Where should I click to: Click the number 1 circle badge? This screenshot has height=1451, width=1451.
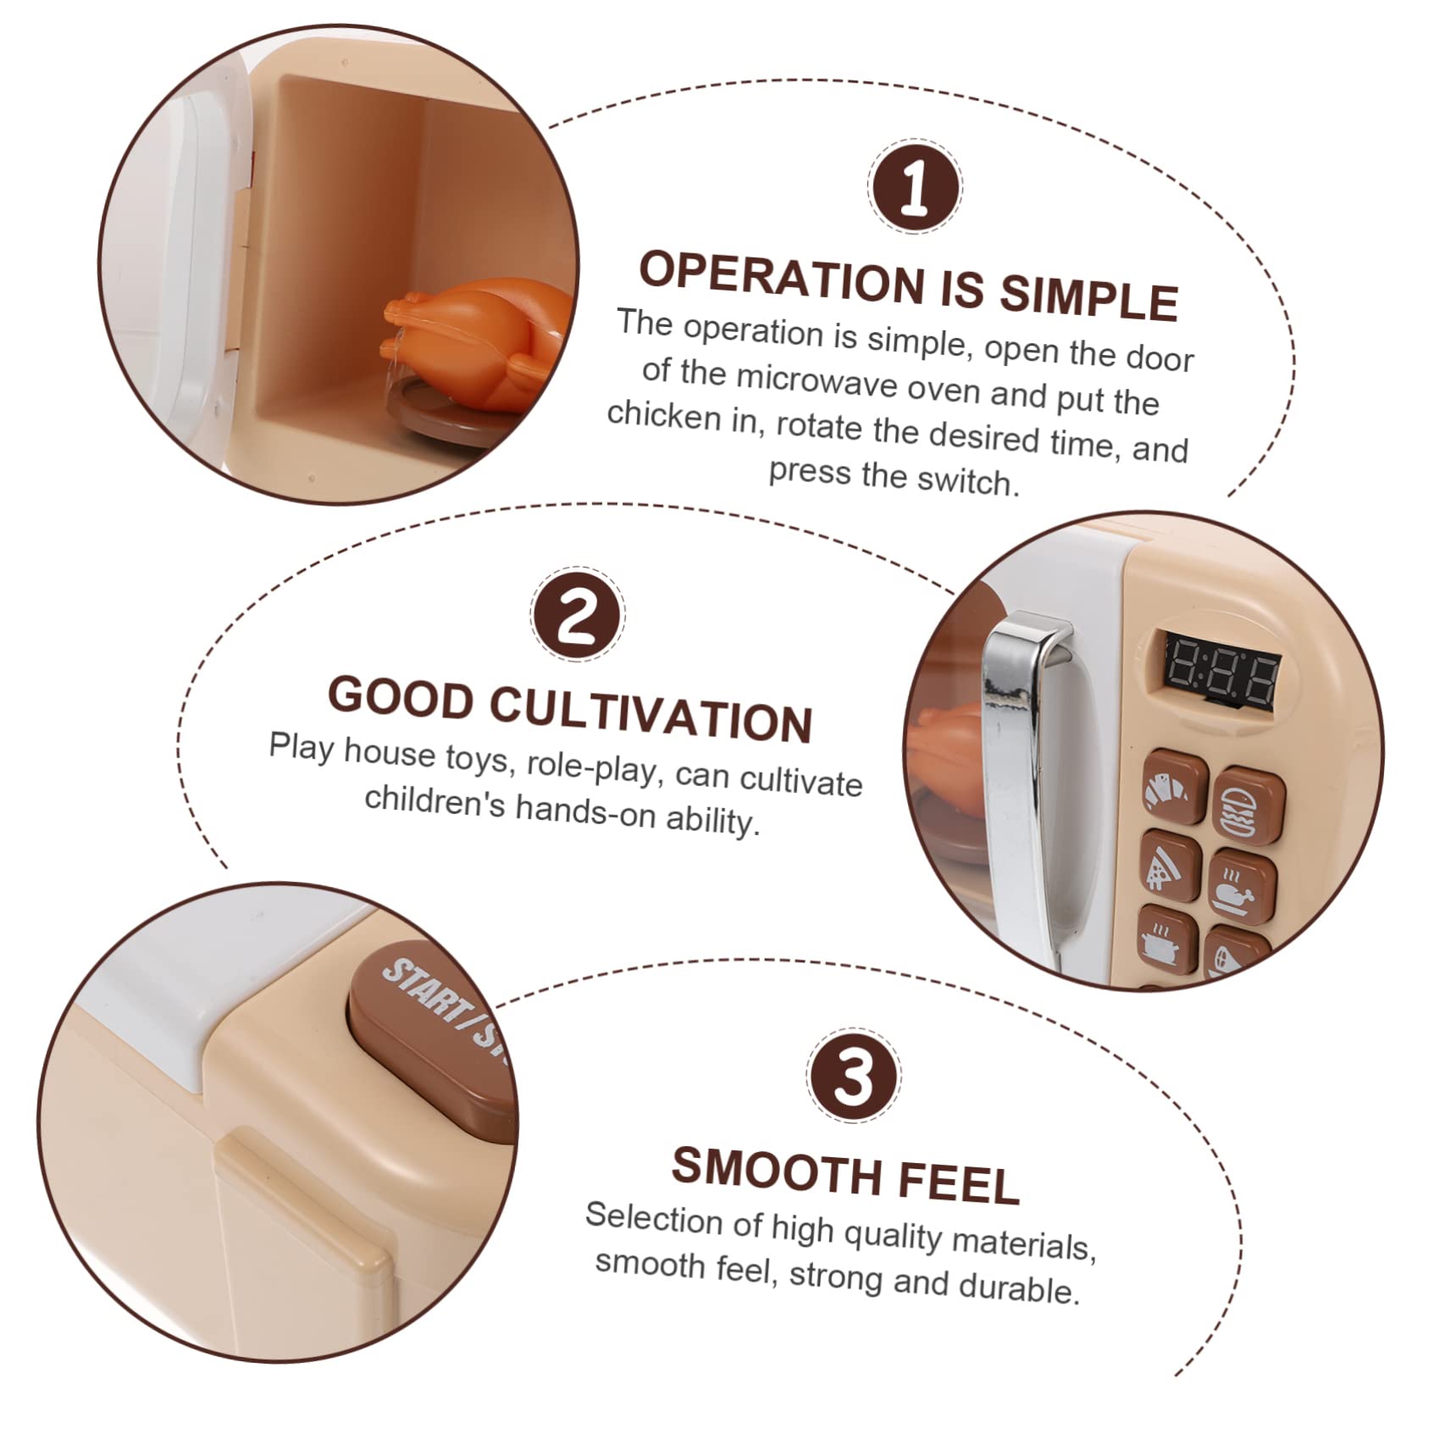click(915, 186)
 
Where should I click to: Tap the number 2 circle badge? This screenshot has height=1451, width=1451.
click(578, 614)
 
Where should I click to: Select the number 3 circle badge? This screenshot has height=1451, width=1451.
click(853, 1076)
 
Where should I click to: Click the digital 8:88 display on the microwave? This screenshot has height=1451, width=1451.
click(1221, 674)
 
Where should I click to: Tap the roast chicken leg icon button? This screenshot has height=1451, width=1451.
click(1241, 889)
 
